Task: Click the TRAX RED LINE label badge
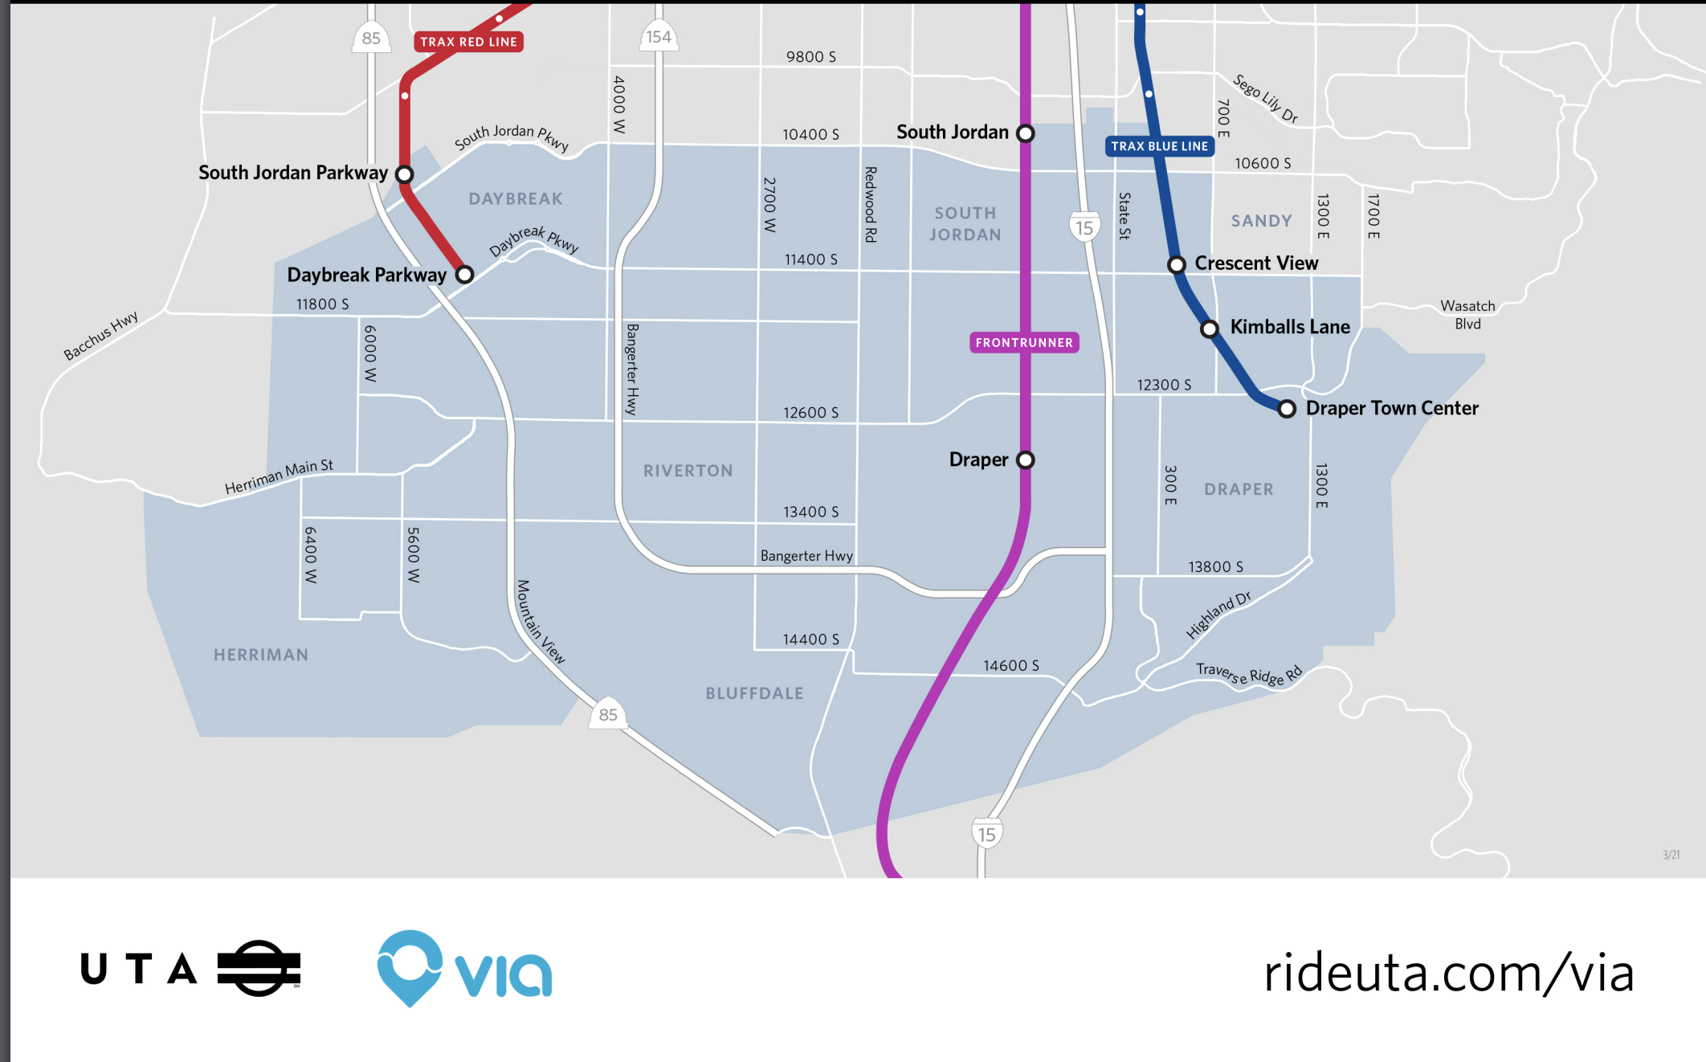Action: point(468,42)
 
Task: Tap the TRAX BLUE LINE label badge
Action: point(1159,146)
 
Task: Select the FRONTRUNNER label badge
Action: point(1024,343)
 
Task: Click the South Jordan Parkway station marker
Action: point(405,174)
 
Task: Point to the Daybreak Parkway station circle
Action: point(465,275)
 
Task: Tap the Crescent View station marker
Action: point(1177,264)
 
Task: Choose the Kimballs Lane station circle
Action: point(1210,329)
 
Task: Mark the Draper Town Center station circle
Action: point(1287,409)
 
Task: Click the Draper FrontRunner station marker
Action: point(1026,460)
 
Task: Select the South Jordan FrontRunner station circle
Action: point(1026,133)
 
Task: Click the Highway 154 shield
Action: point(659,37)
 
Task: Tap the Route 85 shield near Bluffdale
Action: point(608,714)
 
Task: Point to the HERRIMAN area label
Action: point(261,655)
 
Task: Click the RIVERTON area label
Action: point(688,471)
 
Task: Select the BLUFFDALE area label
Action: point(754,693)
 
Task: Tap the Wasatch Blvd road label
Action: point(1467,315)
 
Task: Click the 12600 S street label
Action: point(810,413)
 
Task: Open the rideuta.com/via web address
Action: point(1448,973)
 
